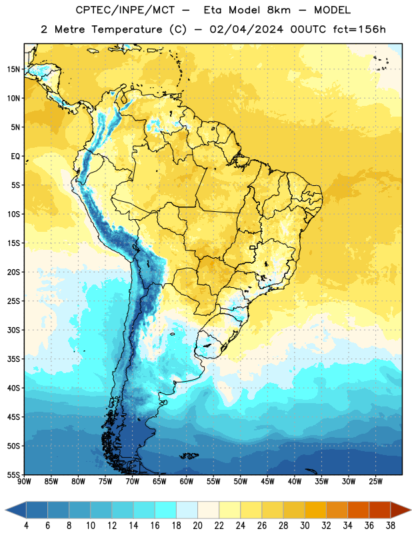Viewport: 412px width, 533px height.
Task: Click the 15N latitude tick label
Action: pos(13,69)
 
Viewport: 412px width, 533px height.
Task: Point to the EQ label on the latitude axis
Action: pos(15,157)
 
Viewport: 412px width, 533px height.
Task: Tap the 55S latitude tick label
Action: pos(13,474)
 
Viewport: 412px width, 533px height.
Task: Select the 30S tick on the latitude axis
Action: pos(13,330)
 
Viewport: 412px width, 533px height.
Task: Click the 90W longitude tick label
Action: pos(24,482)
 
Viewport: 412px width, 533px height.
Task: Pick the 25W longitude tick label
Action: pos(375,482)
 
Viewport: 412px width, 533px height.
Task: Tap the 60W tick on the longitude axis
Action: pos(187,482)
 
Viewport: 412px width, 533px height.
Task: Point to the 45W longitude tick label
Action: pos(268,482)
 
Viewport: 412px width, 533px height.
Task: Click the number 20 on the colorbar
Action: pos(197,526)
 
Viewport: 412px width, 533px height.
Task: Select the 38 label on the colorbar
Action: pos(391,526)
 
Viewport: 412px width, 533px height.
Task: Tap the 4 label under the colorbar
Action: pos(26,526)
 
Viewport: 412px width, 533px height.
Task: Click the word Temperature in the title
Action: pos(127,29)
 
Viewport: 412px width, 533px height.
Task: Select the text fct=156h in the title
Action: pos(359,29)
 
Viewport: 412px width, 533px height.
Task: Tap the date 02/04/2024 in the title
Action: pos(246,29)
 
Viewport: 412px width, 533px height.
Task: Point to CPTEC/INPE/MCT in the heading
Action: pos(125,10)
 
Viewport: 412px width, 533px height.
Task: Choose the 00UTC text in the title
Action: pos(308,29)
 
